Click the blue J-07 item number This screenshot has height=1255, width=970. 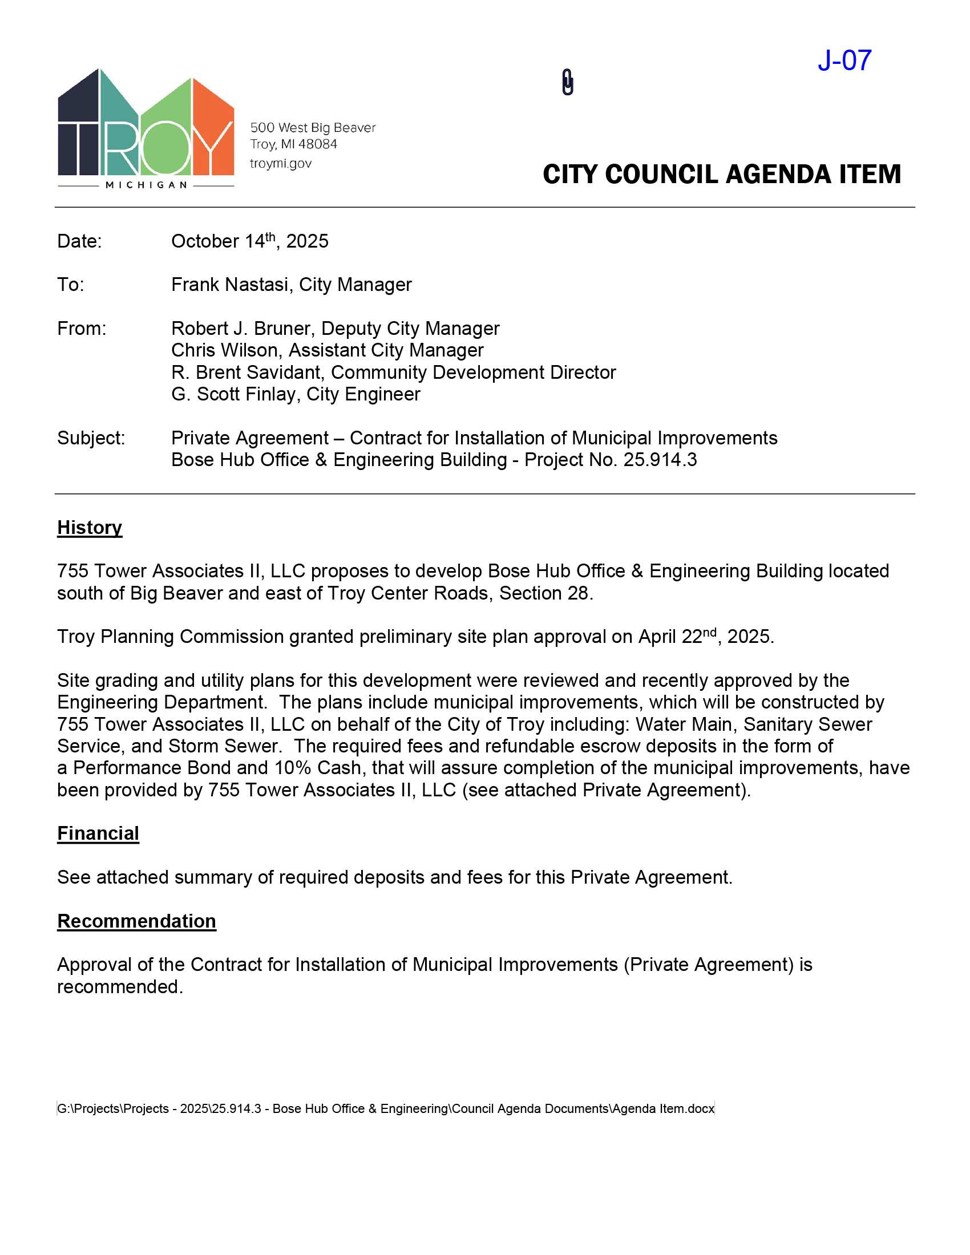[844, 60]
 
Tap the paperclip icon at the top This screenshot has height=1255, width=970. [567, 82]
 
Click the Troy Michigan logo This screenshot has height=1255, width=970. [146, 129]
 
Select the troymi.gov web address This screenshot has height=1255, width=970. [280, 164]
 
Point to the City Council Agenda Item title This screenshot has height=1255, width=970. [721, 175]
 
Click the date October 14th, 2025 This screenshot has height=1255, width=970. [249, 241]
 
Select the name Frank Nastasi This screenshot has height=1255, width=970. [230, 285]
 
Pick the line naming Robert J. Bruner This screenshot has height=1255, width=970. [335, 328]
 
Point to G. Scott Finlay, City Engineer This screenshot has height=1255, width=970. [296, 394]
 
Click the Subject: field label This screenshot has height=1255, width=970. [91, 438]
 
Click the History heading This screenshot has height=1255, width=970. [90, 528]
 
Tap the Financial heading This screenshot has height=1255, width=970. [98, 833]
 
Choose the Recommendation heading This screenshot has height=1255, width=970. [136, 921]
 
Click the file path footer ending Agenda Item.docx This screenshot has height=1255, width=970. [386, 1108]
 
